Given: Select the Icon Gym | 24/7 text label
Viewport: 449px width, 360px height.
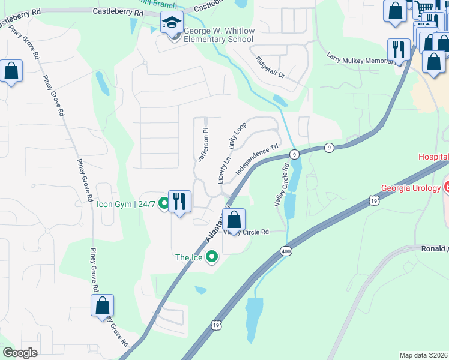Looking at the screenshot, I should click(x=125, y=204).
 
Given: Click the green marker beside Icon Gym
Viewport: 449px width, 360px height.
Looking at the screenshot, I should click(x=164, y=205).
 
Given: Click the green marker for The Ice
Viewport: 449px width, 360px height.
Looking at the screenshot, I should click(x=211, y=257).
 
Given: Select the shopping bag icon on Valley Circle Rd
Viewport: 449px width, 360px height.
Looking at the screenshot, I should click(x=235, y=220).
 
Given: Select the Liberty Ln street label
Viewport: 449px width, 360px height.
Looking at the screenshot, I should click(x=224, y=170).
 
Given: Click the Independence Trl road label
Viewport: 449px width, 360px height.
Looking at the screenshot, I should click(x=258, y=158).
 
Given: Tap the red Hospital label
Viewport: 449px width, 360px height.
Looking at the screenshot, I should click(x=433, y=157).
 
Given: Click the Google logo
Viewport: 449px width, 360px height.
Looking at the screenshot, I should click(x=20, y=353).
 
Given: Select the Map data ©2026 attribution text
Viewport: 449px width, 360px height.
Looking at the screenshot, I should click(x=424, y=355).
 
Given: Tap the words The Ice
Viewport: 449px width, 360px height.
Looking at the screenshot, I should click(x=188, y=257).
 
